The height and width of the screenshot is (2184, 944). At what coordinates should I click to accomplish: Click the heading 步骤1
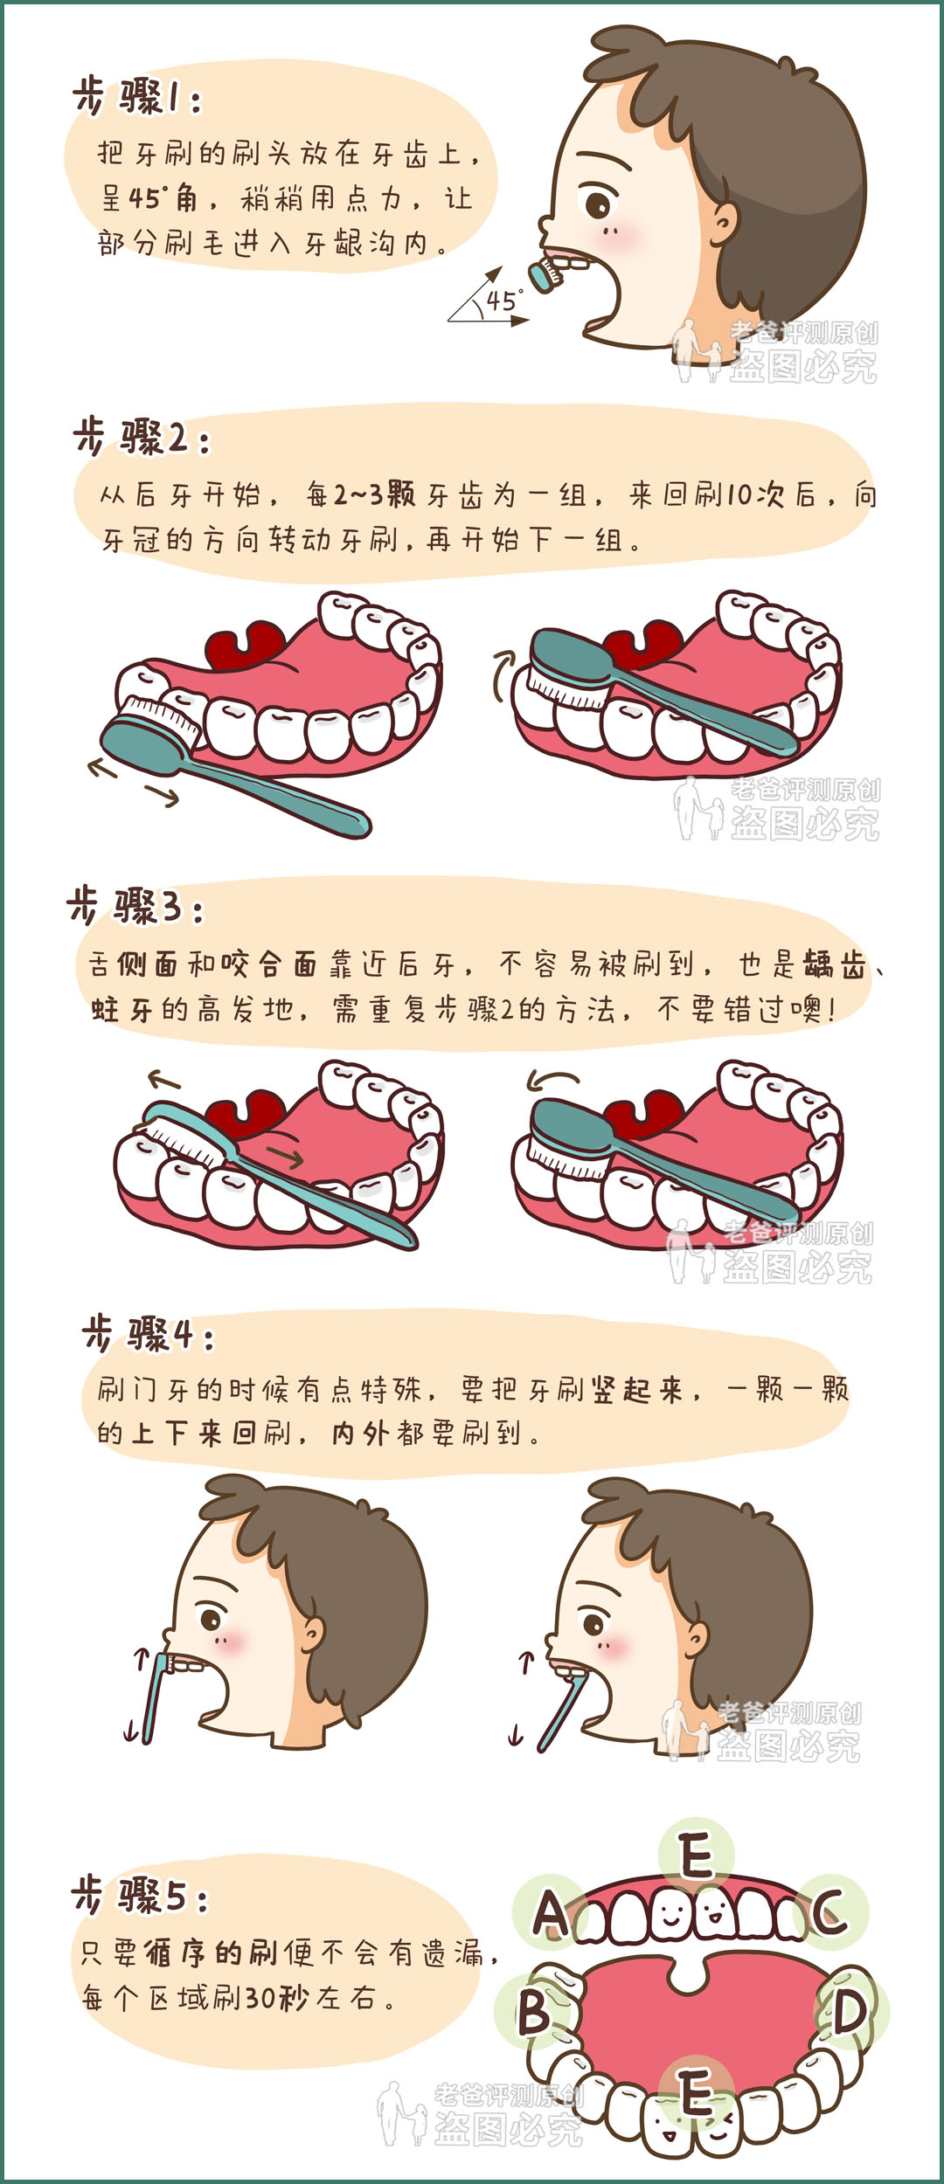pos(138,97)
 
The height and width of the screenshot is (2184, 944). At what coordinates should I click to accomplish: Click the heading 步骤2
pos(142,437)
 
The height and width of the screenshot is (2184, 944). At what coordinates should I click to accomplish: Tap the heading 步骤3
pos(136,905)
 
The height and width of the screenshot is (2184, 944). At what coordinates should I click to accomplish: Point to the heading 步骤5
pos(140,1896)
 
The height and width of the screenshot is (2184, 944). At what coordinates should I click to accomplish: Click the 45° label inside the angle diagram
pos(505,301)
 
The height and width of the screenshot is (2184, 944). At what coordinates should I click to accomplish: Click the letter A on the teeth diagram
pos(551,1914)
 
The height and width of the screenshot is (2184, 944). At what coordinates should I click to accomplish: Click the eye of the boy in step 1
pos(599,205)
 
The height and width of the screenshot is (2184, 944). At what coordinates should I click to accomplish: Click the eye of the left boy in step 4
pos(212,1619)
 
